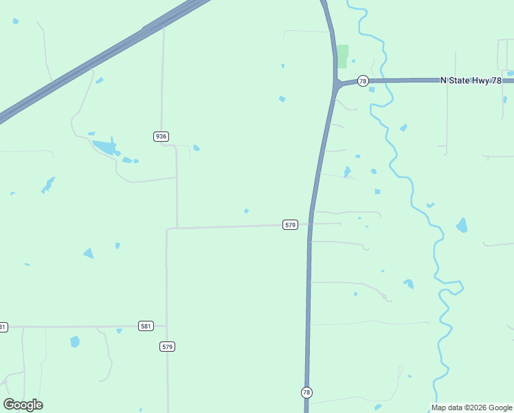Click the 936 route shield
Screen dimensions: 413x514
click(161, 136)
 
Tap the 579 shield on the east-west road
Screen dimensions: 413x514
click(290, 225)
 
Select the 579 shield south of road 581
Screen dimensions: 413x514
click(168, 346)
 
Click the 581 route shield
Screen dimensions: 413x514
click(145, 326)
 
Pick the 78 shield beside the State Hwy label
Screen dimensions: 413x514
click(362, 81)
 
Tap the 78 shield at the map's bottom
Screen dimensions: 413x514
click(306, 392)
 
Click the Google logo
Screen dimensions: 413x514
click(23, 405)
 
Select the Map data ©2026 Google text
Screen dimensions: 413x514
click(471, 407)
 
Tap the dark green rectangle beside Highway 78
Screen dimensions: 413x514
click(342, 56)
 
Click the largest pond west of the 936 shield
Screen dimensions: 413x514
click(105, 146)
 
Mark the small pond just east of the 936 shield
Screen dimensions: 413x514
click(197, 147)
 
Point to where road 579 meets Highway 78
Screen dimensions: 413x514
click(311, 224)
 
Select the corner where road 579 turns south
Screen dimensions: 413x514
click(167, 229)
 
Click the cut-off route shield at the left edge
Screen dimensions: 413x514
click(3, 326)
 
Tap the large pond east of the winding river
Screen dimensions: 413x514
click(462, 225)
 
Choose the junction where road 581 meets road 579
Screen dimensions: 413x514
click(167, 326)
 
